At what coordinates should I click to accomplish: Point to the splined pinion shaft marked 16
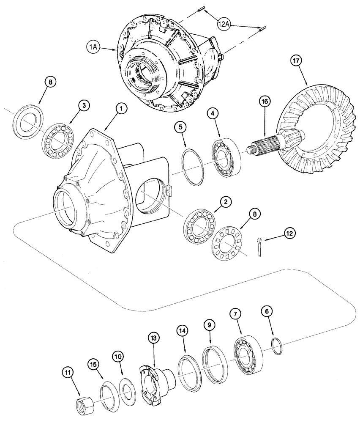[270, 144]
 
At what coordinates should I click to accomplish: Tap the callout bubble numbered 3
[85, 106]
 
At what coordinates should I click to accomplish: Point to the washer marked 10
[126, 388]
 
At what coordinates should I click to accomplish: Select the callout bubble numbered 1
[120, 109]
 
